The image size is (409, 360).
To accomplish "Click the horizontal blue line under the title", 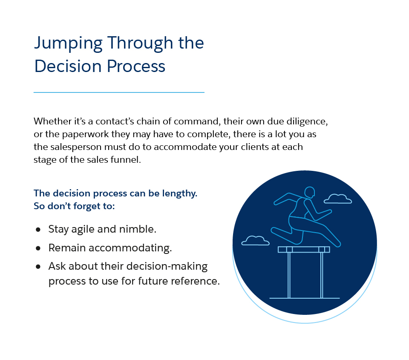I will [119, 92].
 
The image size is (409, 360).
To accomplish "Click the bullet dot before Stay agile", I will [38, 229].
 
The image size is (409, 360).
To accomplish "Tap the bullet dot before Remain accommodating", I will [38, 248].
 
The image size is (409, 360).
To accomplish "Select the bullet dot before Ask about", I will [38, 267].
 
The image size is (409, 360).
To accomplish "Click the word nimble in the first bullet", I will [139, 229].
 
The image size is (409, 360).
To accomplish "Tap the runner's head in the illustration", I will [310, 192].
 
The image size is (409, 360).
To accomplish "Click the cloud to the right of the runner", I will [338, 199].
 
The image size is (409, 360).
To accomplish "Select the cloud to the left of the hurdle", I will [256, 241].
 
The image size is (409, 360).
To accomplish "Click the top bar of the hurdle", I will [304, 249].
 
